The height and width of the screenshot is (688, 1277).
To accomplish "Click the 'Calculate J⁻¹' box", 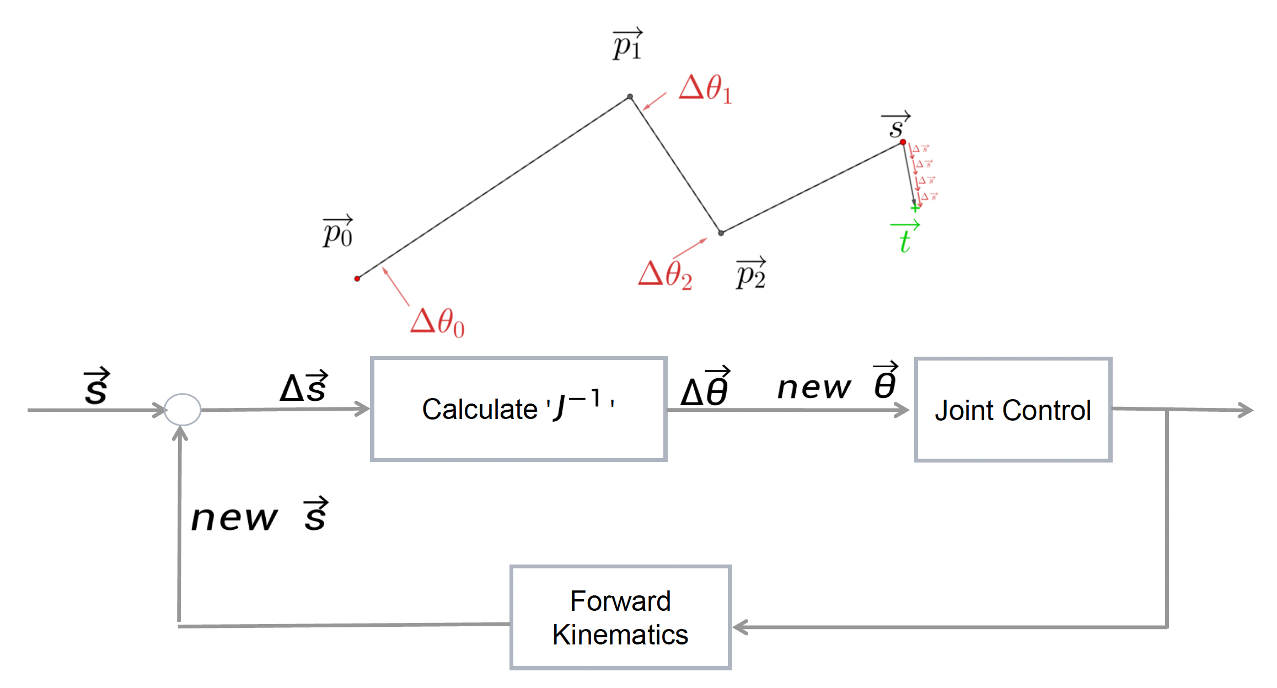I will point(518,409).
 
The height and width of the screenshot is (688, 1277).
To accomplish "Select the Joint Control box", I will point(1012,410).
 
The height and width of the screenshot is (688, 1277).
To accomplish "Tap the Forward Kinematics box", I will point(620,617).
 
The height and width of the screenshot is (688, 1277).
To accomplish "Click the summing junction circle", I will point(183,410).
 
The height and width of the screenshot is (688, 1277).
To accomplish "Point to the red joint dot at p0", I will point(357,278).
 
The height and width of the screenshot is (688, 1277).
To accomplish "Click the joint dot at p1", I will point(630,96).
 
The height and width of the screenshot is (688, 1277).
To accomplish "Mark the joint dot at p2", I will point(721,233).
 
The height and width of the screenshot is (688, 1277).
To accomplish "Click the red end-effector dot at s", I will point(903,142).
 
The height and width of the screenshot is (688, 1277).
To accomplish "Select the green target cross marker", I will point(915,208).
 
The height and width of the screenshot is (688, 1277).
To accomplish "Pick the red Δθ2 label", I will point(665,274).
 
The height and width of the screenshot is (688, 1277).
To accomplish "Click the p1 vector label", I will point(627,44).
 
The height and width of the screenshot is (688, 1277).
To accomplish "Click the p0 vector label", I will point(337,232).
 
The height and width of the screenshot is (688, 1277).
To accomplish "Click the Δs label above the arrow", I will point(304,386).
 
